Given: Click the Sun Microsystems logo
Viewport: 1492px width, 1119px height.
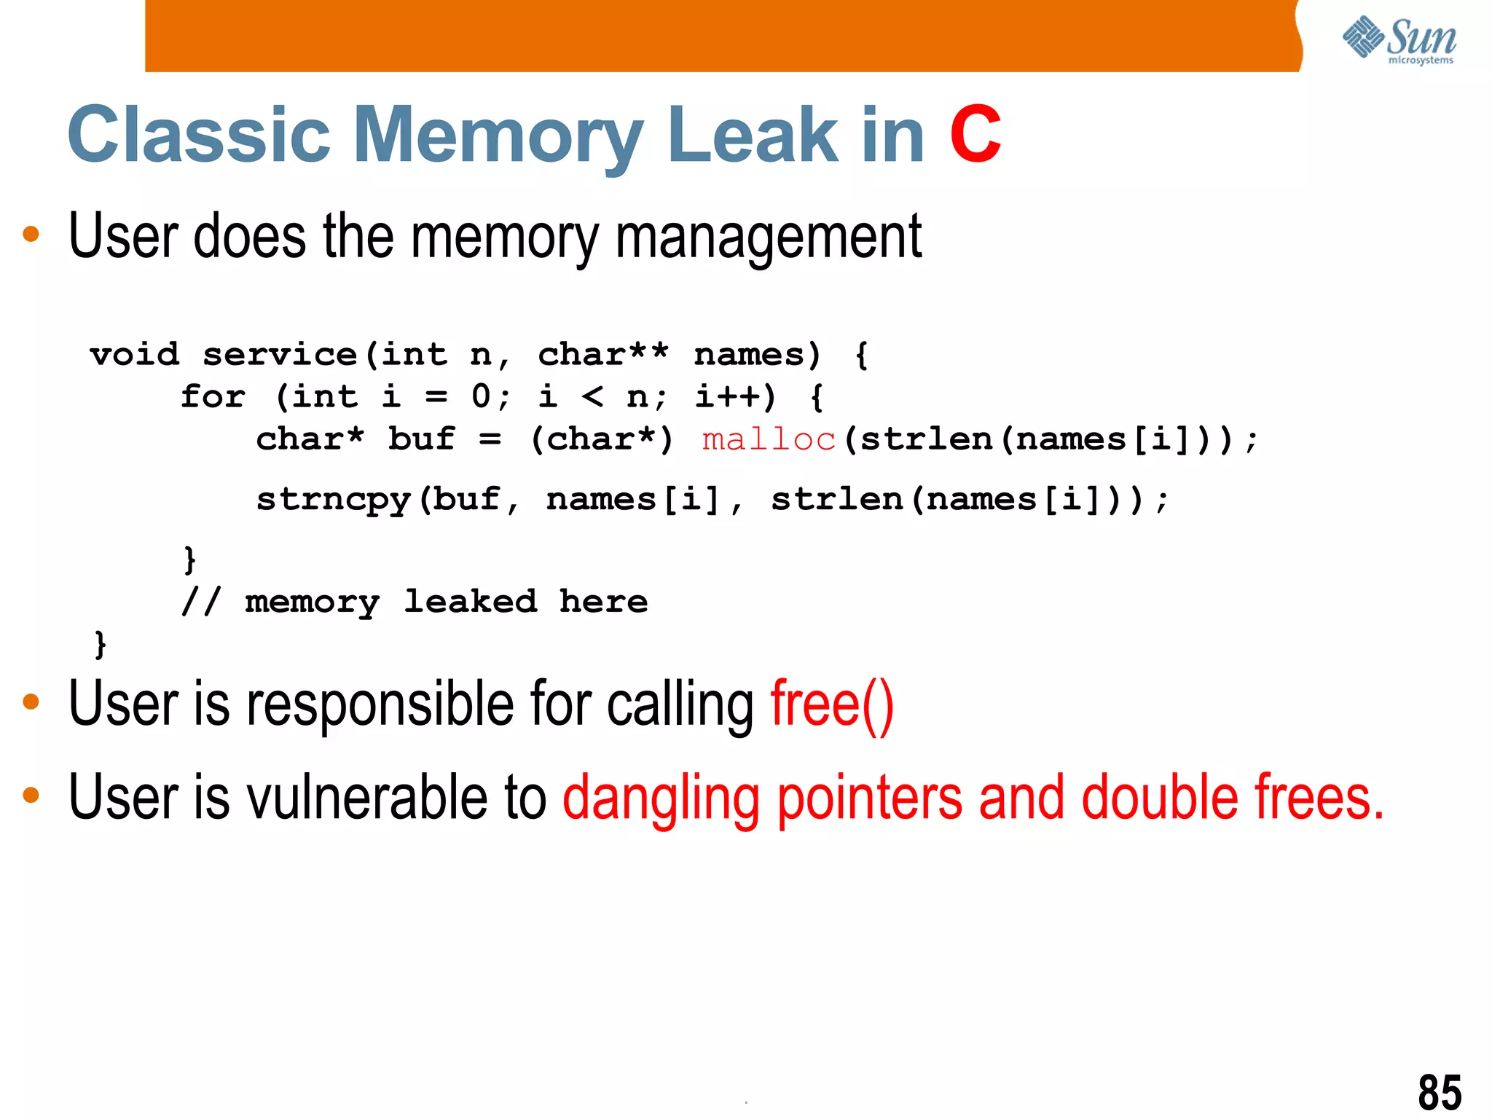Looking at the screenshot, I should pyautogui.click(x=1399, y=40).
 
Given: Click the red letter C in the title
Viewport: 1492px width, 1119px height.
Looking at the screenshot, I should pyautogui.click(x=975, y=135).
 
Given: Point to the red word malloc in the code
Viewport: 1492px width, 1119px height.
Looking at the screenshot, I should pyautogui.click(x=769, y=439).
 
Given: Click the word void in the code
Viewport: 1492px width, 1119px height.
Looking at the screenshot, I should pyautogui.click(x=135, y=355).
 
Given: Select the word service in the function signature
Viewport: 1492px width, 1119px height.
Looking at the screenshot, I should pyautogui.click(x=280, y=355).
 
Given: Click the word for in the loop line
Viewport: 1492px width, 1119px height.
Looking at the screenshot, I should pyautogui.click(x=213, y=397).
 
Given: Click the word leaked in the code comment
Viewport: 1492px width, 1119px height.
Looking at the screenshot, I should pyautogui.click(x=471, y=602).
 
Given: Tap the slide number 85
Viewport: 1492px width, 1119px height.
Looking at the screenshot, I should pyautogui.click(x=1440, y=1092).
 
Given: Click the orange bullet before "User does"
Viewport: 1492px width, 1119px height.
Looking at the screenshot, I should pyautogui.click(x=31, y=235).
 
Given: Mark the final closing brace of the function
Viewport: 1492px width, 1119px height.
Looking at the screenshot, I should pyautogui.click(x=101, y=645).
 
